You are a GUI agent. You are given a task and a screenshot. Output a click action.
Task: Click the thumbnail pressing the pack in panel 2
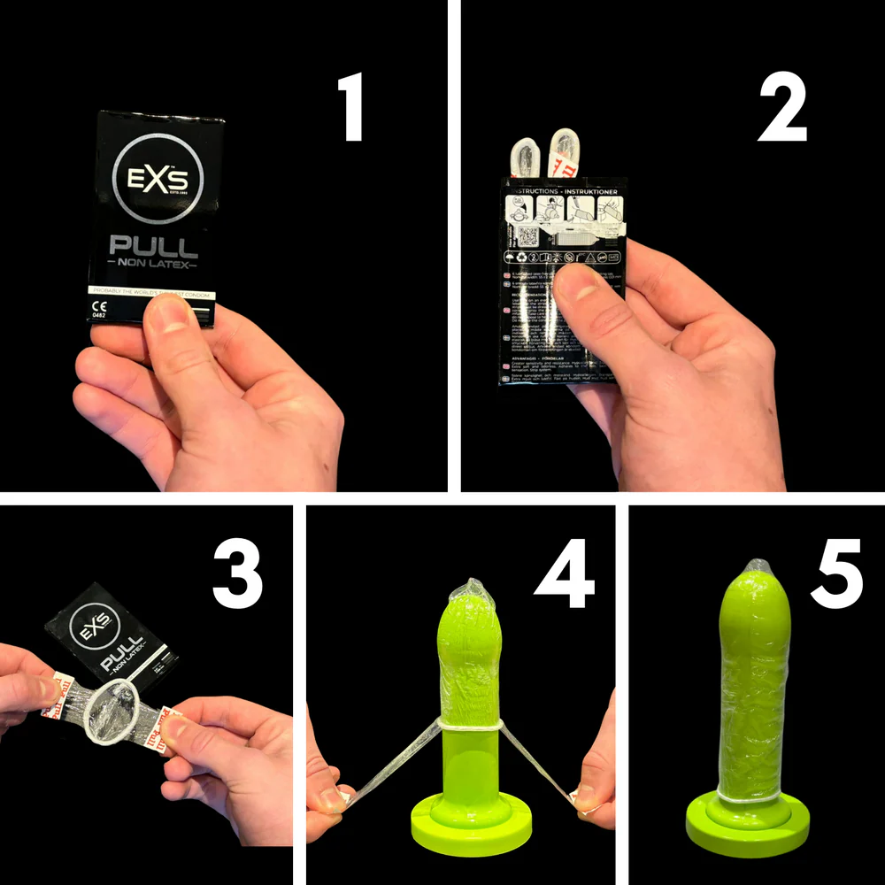581,283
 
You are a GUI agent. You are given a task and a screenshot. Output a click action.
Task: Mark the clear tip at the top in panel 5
758,566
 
